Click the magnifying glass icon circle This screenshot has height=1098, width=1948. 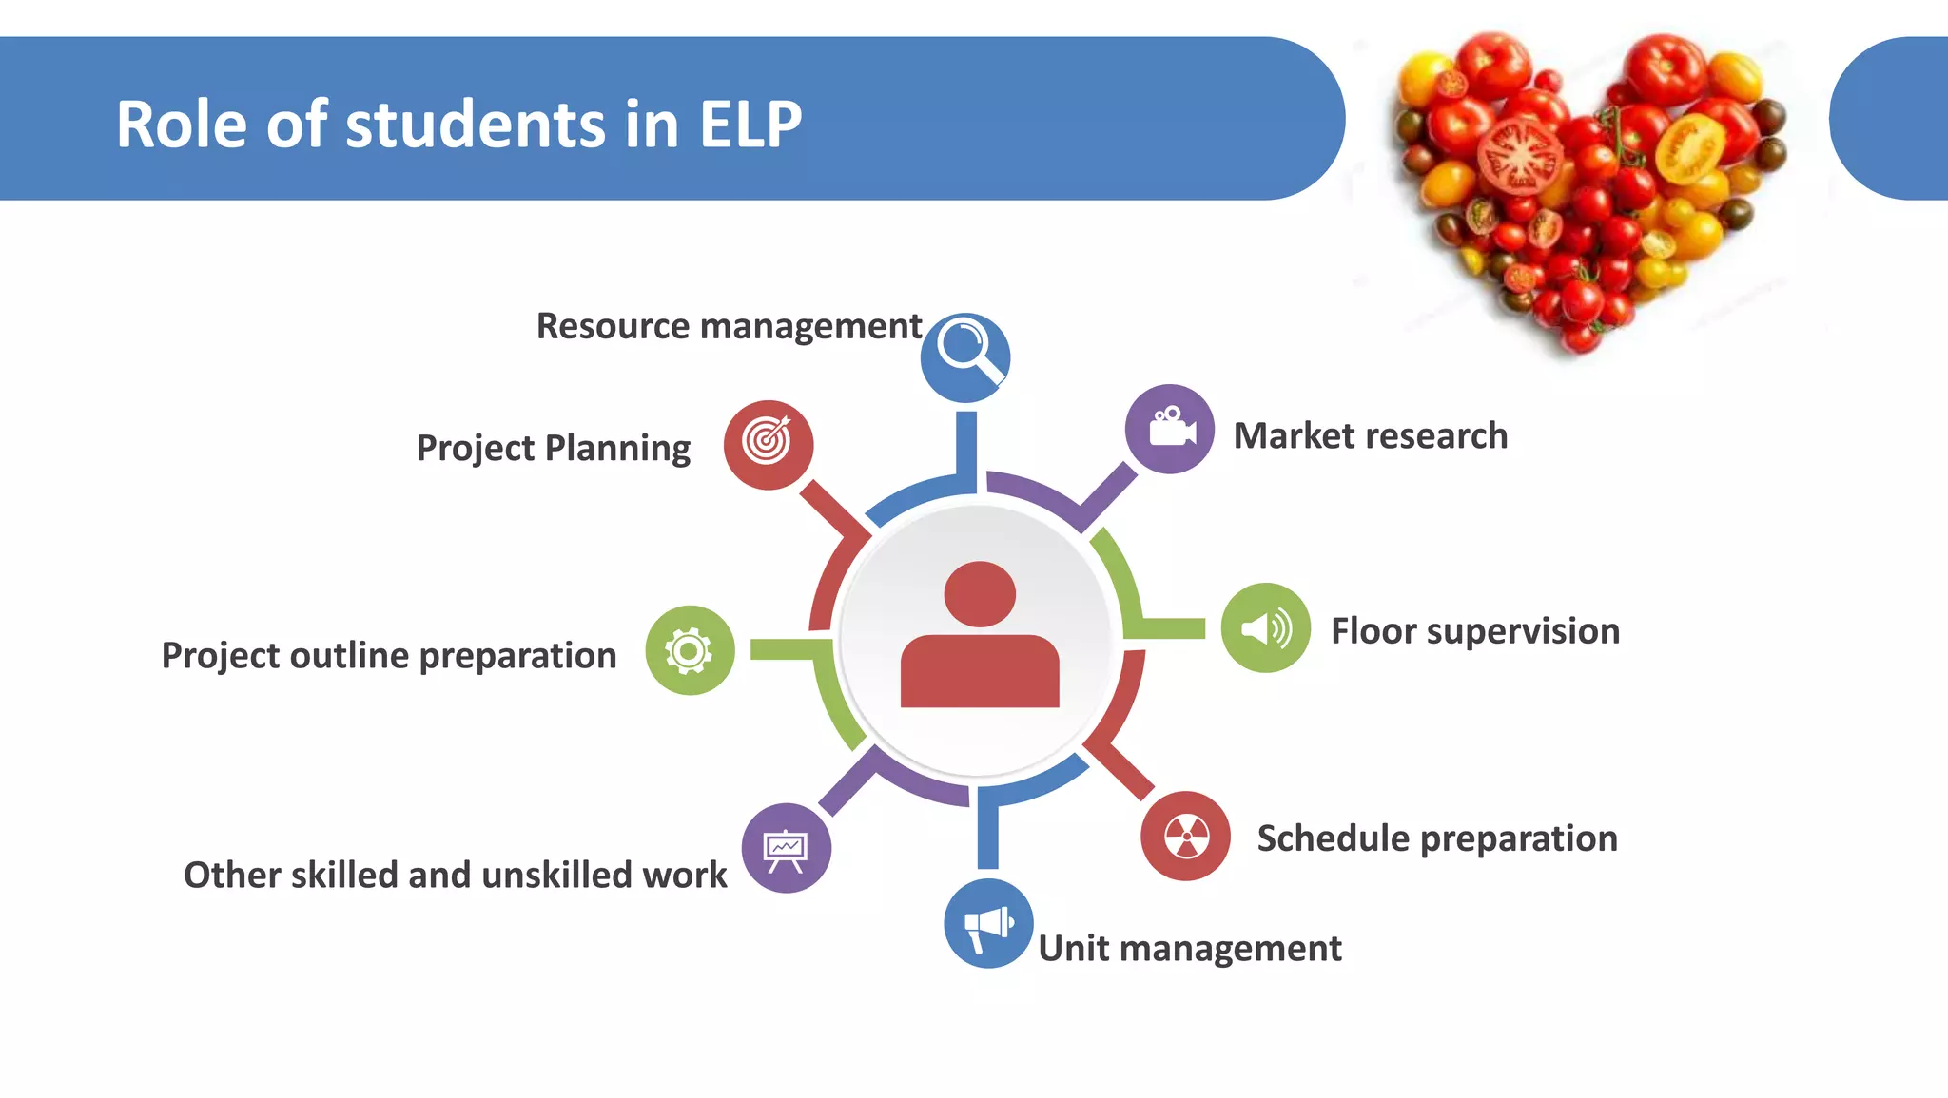964,357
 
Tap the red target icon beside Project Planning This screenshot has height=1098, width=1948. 768,444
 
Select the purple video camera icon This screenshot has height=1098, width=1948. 1169,429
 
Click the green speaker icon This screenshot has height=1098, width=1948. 1265,628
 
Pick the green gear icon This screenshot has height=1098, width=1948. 690,650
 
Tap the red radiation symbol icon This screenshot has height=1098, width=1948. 1185,836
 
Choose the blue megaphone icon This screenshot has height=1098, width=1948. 988,923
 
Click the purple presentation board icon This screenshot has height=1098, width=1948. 786,848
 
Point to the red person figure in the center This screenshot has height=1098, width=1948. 980,636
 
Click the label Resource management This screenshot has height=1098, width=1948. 729,326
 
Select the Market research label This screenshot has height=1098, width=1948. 1370,435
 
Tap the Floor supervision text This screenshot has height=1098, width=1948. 1474,631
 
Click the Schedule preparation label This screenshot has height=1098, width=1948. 1436,838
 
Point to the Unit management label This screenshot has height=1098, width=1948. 1189,948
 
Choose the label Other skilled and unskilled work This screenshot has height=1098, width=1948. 455,875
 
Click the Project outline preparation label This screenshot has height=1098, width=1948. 389,655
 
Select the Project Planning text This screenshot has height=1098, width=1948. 554,448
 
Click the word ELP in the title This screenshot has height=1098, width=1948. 750,125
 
